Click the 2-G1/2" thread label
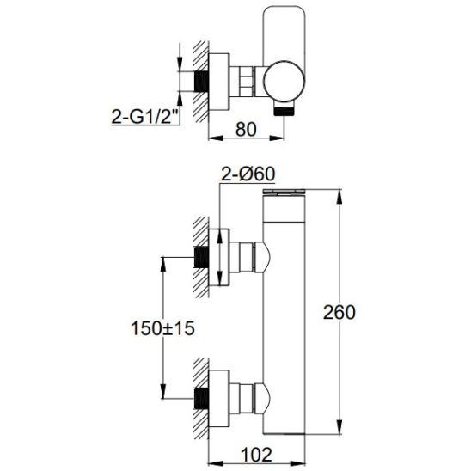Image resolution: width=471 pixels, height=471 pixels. pyautogui.click(x=144, y=116)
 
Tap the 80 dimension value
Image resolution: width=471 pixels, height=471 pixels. pyautogui.click(x=246, y=130)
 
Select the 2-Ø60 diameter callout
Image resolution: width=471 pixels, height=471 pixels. pyautogui.click(x=248, y=174)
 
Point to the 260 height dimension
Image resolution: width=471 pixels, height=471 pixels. pyautogui.click(x=339, y=312)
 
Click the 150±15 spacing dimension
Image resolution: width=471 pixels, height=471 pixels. pyautogui.click(x=162, y=328)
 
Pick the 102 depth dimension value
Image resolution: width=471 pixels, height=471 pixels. pyautogui.click(x=256, y=455)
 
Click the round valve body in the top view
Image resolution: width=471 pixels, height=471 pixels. pyautogui.click(x=284, y=82)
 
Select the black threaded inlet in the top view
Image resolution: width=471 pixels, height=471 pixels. pyautogui.click(x=202, y=82)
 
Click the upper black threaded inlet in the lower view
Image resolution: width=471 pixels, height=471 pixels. pyautogui.click(x=202, y=257)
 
